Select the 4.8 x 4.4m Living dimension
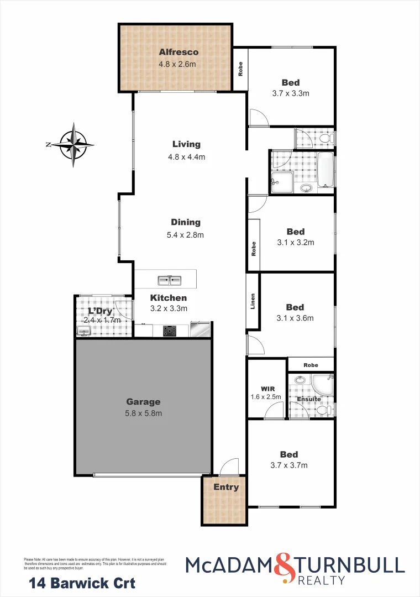tap(186, 156)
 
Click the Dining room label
tap(186, 222)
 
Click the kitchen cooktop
tap(170, 331)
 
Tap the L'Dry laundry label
tap(101, 311)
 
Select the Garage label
tap(143, 402)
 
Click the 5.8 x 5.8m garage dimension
tap(144, 413)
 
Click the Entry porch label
tap(226, 487)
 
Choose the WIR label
tap(267, 389)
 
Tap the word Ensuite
tap(308, 399)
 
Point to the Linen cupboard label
tap(253, 301)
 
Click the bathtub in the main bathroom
tap(326, 170)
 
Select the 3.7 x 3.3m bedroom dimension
tap(291, 93)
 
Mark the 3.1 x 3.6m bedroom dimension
tap(295, 318)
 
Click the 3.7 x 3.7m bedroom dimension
tap(289, 465)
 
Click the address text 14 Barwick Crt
tap(82, 583)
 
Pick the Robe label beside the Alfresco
tap(240, 69)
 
